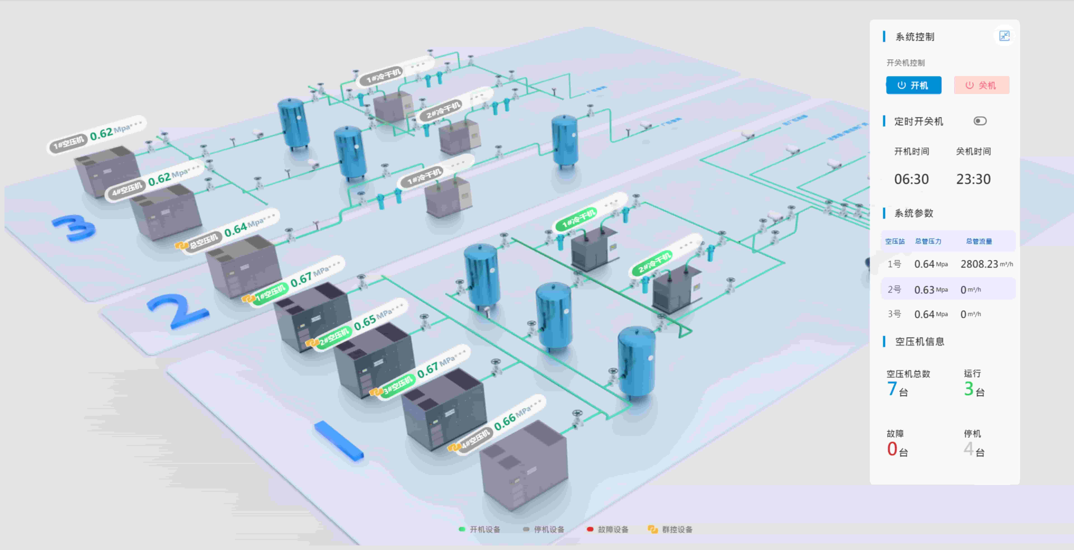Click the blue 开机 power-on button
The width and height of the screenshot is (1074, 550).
tap(913, 85)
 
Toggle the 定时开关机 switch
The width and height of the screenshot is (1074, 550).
tap(980, 121)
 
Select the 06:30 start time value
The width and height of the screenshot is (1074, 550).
tap(911, 179)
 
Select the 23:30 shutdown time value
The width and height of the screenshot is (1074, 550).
tap(973, 179)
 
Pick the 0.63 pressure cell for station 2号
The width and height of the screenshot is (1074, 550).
tap(924, 290)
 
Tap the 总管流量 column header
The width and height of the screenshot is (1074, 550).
tap(979, 241)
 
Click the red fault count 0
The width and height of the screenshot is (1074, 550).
tap(892, 449)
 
